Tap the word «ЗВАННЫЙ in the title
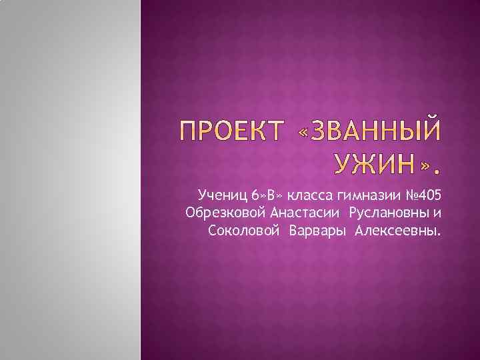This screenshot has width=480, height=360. (x=367, y=131)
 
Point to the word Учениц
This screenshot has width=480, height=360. (x=222, y=195)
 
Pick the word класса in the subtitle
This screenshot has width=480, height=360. (x=311, y=195)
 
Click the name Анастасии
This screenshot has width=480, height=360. (x=305, y=213)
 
